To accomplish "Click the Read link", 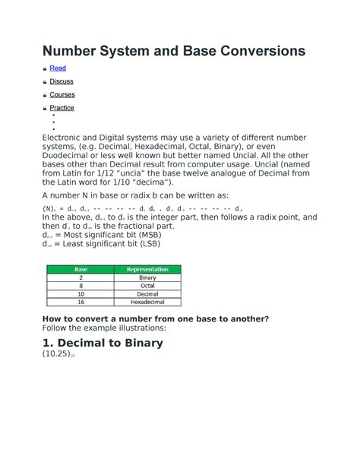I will tap(58, 68).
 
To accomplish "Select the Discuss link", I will tap(62, 81).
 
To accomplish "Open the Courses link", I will tap(62, 94).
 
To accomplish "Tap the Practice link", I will tap(62, 108).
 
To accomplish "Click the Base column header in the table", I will tap(81, 269).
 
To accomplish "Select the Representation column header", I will tap(147, 269).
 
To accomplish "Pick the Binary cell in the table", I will tap(147, 277).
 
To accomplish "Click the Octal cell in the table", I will tap(147, 286).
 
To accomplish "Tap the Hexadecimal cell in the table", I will tap(147, 302).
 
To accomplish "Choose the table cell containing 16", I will tap(81, 302).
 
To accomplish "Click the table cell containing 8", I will tap(81, 286).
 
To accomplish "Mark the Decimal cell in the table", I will tap(147, 293).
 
